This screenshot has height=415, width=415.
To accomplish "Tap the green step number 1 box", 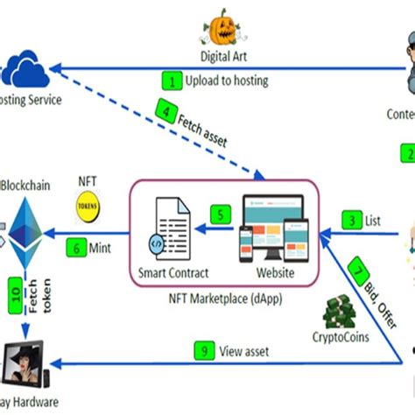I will pyautogui.click(x=172, y=81).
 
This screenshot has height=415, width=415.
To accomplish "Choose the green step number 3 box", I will pyautogui.click(x=351, y=220).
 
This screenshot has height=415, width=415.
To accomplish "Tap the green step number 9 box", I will pyautogui.click(x=203, y=352).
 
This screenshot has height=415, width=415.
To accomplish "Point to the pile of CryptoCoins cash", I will pyautogui.click(x=337, y=313).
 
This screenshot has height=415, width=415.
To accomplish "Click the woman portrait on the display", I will pyautogui.click(x=25, y=365).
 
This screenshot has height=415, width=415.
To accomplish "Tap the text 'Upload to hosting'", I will pyautogui.click(x=227, y=81).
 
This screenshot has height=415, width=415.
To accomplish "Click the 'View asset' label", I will pyautogui.click(x=244, y=352).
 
